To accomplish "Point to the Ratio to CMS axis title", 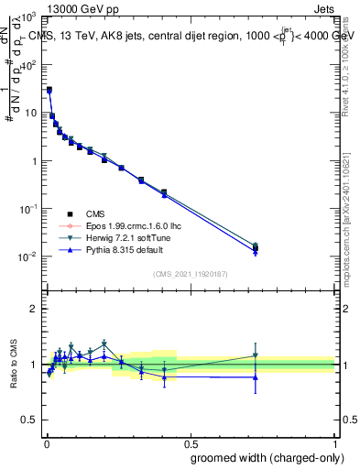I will pyautogui.click(x=14, y=365).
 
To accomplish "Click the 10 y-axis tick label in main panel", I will pyautogui.click(x=29, y=114).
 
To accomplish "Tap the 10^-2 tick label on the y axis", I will pyautogui.click(x=27, y=256).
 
